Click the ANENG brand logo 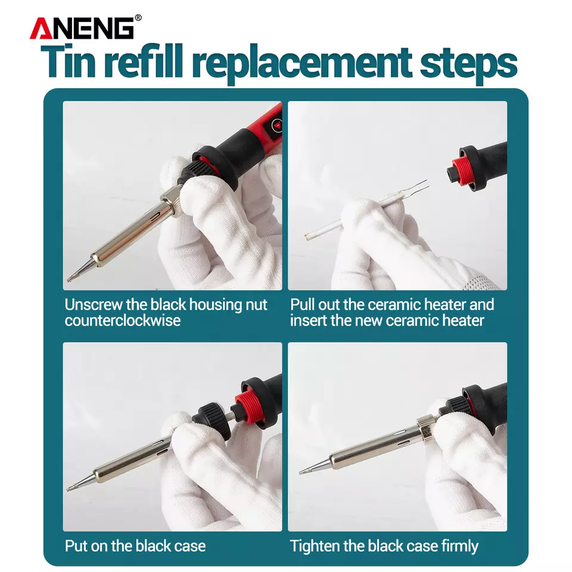[x=82, y=28]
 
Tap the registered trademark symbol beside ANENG [x=138, y=17]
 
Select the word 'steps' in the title [x=468, y=63]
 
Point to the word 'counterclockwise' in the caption [x=123, y=321]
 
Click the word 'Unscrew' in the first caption [x=93, y=304]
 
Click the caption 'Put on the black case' [x=135, y=546]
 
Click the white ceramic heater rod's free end [x=307, y=237]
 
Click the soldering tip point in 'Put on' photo [x=69, y=489]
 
